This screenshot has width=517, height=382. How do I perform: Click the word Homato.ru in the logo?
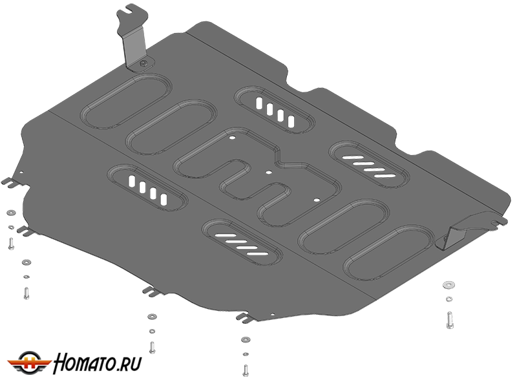pos(98,363)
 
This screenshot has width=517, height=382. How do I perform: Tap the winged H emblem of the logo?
pos(29,362)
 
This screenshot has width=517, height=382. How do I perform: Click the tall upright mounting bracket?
pos(132,37)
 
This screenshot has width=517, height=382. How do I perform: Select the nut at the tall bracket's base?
pos(143,64)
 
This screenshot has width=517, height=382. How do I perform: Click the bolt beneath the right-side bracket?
pos(449,319)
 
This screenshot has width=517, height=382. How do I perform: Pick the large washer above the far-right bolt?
pos(448,284)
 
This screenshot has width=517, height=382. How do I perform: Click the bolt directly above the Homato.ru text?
pos(152,347)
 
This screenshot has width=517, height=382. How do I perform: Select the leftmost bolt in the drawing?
pos(10,244)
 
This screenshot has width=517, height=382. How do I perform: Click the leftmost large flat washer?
pos(10,212)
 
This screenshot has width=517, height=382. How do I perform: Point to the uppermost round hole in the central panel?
pos(233,138)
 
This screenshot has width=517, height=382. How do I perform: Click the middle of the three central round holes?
pos(269,172)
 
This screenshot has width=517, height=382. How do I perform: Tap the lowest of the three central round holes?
pos(317,200)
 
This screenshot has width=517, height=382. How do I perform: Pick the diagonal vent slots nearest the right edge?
pos(369,165)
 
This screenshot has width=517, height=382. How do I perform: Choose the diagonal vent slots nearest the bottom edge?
pos(242,244)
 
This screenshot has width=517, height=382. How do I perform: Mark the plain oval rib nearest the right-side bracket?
pos(389,253)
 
